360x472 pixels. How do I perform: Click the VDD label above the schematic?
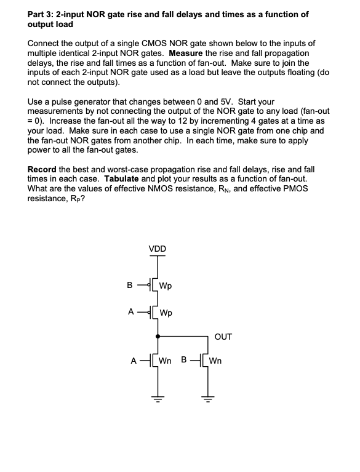(157, 249)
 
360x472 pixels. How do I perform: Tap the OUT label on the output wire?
(223, 337)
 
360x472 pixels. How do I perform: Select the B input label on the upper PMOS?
(130, 286)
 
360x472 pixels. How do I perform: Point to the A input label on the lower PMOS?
(131, 311)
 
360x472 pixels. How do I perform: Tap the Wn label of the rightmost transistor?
(218, 361)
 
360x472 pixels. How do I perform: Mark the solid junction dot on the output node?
(158, 337)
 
